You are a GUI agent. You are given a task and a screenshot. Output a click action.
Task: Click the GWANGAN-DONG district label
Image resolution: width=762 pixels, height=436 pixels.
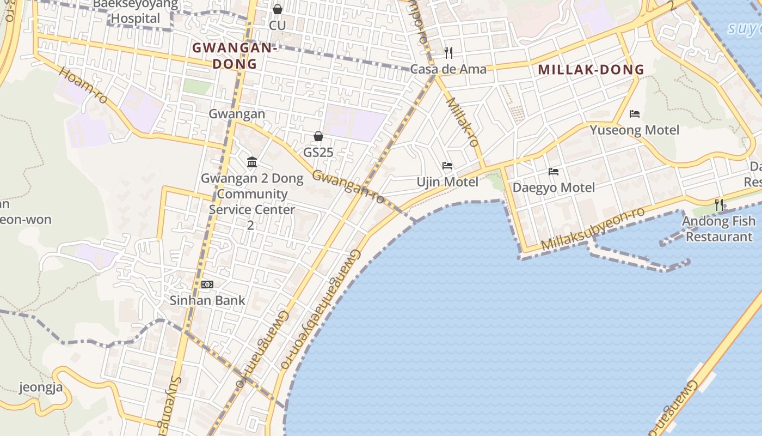click(234, 56)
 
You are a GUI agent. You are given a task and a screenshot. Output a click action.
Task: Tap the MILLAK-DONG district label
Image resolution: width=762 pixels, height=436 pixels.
click(591, 70)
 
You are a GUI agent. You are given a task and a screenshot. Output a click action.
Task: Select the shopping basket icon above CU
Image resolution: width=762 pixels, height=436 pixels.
click(278, 9)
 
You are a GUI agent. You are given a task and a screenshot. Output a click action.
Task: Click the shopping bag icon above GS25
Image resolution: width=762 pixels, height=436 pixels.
click(318, 136)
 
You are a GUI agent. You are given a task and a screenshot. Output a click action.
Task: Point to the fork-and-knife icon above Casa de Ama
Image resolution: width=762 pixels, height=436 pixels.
click(448, 52)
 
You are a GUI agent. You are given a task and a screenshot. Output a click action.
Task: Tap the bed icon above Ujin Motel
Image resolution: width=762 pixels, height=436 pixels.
click(447, 166)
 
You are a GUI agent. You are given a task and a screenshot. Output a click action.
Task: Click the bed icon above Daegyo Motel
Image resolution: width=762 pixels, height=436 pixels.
click(554, 172)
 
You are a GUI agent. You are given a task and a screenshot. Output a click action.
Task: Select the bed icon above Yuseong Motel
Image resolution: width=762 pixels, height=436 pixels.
click(634, 114)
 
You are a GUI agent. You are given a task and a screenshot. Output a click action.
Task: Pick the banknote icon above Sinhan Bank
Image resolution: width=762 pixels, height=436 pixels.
click(207, 284)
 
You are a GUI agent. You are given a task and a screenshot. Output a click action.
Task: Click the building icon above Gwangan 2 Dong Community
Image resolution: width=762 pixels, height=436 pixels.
click(252, 162)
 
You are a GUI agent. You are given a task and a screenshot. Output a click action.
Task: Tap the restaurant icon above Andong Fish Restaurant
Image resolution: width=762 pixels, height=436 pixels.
click(719, 205)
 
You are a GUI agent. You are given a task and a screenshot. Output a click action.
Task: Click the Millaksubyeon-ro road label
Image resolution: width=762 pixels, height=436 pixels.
click(593, 229)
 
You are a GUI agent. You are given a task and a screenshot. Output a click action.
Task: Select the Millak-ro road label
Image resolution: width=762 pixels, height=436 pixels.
click(462, 122)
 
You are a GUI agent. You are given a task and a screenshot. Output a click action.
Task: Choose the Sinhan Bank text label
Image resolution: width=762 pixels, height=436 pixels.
click(207, 300)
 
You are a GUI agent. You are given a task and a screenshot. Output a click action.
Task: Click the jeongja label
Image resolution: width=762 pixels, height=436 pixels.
click(41, 387)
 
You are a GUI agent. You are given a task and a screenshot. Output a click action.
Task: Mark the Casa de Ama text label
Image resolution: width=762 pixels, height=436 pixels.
click(448, 69)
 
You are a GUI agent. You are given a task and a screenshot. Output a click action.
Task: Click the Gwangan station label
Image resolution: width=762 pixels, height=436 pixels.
click(237, 114)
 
